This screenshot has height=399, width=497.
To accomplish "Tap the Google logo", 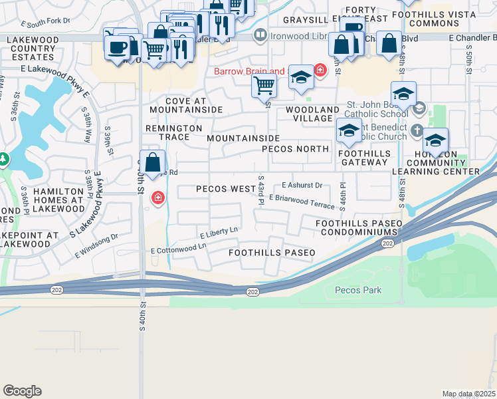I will point(22,390).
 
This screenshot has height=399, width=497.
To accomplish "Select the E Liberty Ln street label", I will point(219,233).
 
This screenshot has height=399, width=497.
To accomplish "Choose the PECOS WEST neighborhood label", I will point(225,189).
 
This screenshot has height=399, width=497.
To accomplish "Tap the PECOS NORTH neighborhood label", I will point(295,148).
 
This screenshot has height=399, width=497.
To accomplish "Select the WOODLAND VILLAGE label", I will point(308,114).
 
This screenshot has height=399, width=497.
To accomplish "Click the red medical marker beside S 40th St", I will point(158,198).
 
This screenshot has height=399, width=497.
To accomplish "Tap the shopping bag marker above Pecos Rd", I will point(153,162).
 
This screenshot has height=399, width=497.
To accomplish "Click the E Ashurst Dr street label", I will point(302,186).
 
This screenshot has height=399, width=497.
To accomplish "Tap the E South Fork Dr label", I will point(45,21).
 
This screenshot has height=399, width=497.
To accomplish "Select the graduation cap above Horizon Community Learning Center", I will point(435,140).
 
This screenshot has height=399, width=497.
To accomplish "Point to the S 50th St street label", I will point(469,63).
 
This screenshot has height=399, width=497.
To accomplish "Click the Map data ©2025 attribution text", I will point(468,394).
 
